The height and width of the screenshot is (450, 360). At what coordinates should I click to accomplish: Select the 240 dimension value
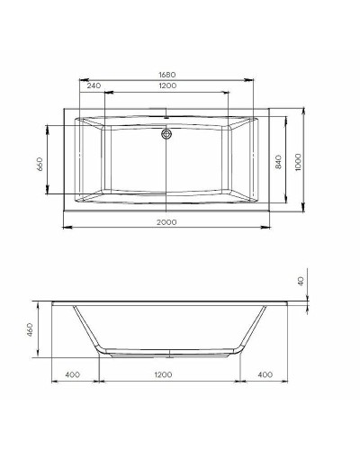[x=94, y=85]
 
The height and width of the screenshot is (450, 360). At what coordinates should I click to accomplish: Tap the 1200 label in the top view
[x=166, y=85]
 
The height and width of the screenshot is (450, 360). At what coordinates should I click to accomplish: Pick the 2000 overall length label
[x=166, y=222]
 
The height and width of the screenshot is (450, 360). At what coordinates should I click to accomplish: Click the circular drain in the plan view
[x=166, y=135]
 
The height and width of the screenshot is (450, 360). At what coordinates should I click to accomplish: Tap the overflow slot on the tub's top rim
[x=166, y=116]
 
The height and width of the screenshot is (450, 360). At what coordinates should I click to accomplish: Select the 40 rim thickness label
[x=302, y=282]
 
